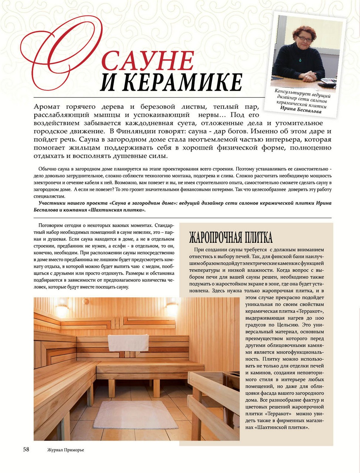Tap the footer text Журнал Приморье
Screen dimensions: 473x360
[65, 450]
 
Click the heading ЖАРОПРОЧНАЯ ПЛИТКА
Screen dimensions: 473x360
[231, 236]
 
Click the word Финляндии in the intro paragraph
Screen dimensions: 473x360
[130, 131]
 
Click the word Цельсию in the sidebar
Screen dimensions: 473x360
[285, 325]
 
